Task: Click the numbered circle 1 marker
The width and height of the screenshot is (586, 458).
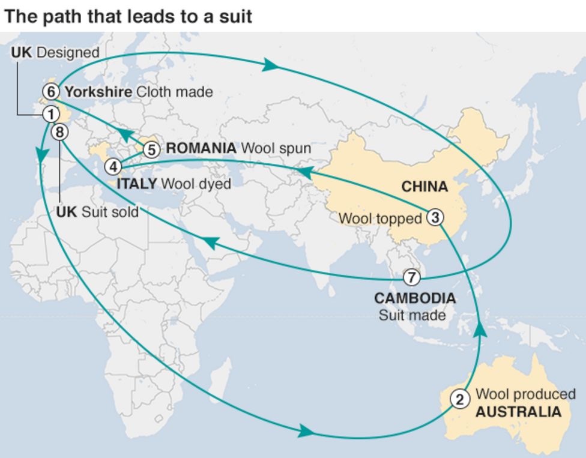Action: click(x=51, y=113)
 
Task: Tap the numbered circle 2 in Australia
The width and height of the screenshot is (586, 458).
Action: click(x=460, y=399)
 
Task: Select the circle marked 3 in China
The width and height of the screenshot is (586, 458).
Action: click(x=435, y=217)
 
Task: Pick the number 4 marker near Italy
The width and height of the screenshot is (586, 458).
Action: click(x=113, y=166)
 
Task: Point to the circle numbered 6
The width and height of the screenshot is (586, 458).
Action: click(x=51, y=92)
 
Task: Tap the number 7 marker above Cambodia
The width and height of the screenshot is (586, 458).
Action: click(x=411, y=277)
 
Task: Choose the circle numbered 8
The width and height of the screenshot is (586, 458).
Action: click(x=60, y=132)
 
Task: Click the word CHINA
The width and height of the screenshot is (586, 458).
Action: click(x=424, y=187)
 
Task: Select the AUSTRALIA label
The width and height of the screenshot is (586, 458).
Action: click(x=518, y=412)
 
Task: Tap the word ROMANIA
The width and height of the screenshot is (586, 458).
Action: click(x=201, y=148)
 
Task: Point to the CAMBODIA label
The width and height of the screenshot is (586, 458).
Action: click(x=414, y=298)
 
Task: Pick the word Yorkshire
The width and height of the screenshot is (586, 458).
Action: click(x=98, y=92)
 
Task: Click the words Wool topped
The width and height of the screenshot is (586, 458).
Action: click(x=380, y=218)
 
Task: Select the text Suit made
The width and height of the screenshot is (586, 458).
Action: click(x=412, y=315)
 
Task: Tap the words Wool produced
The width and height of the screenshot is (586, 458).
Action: click(x=525, y=394)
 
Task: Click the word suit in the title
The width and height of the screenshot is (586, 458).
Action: click(x=237, y=16)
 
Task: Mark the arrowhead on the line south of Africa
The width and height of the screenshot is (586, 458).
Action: click(x=306, y=430)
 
